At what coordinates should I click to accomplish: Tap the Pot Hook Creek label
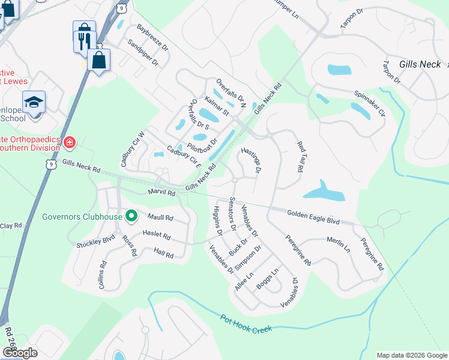tap(246, 323)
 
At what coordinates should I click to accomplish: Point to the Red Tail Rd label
tap(300, 157)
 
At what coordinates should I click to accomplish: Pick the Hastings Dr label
tap(251, 160)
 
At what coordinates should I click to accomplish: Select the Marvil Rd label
tap(161, 193)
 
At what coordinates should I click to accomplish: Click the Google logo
tap(20, 353)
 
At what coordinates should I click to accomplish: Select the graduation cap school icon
tap(34, 101)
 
